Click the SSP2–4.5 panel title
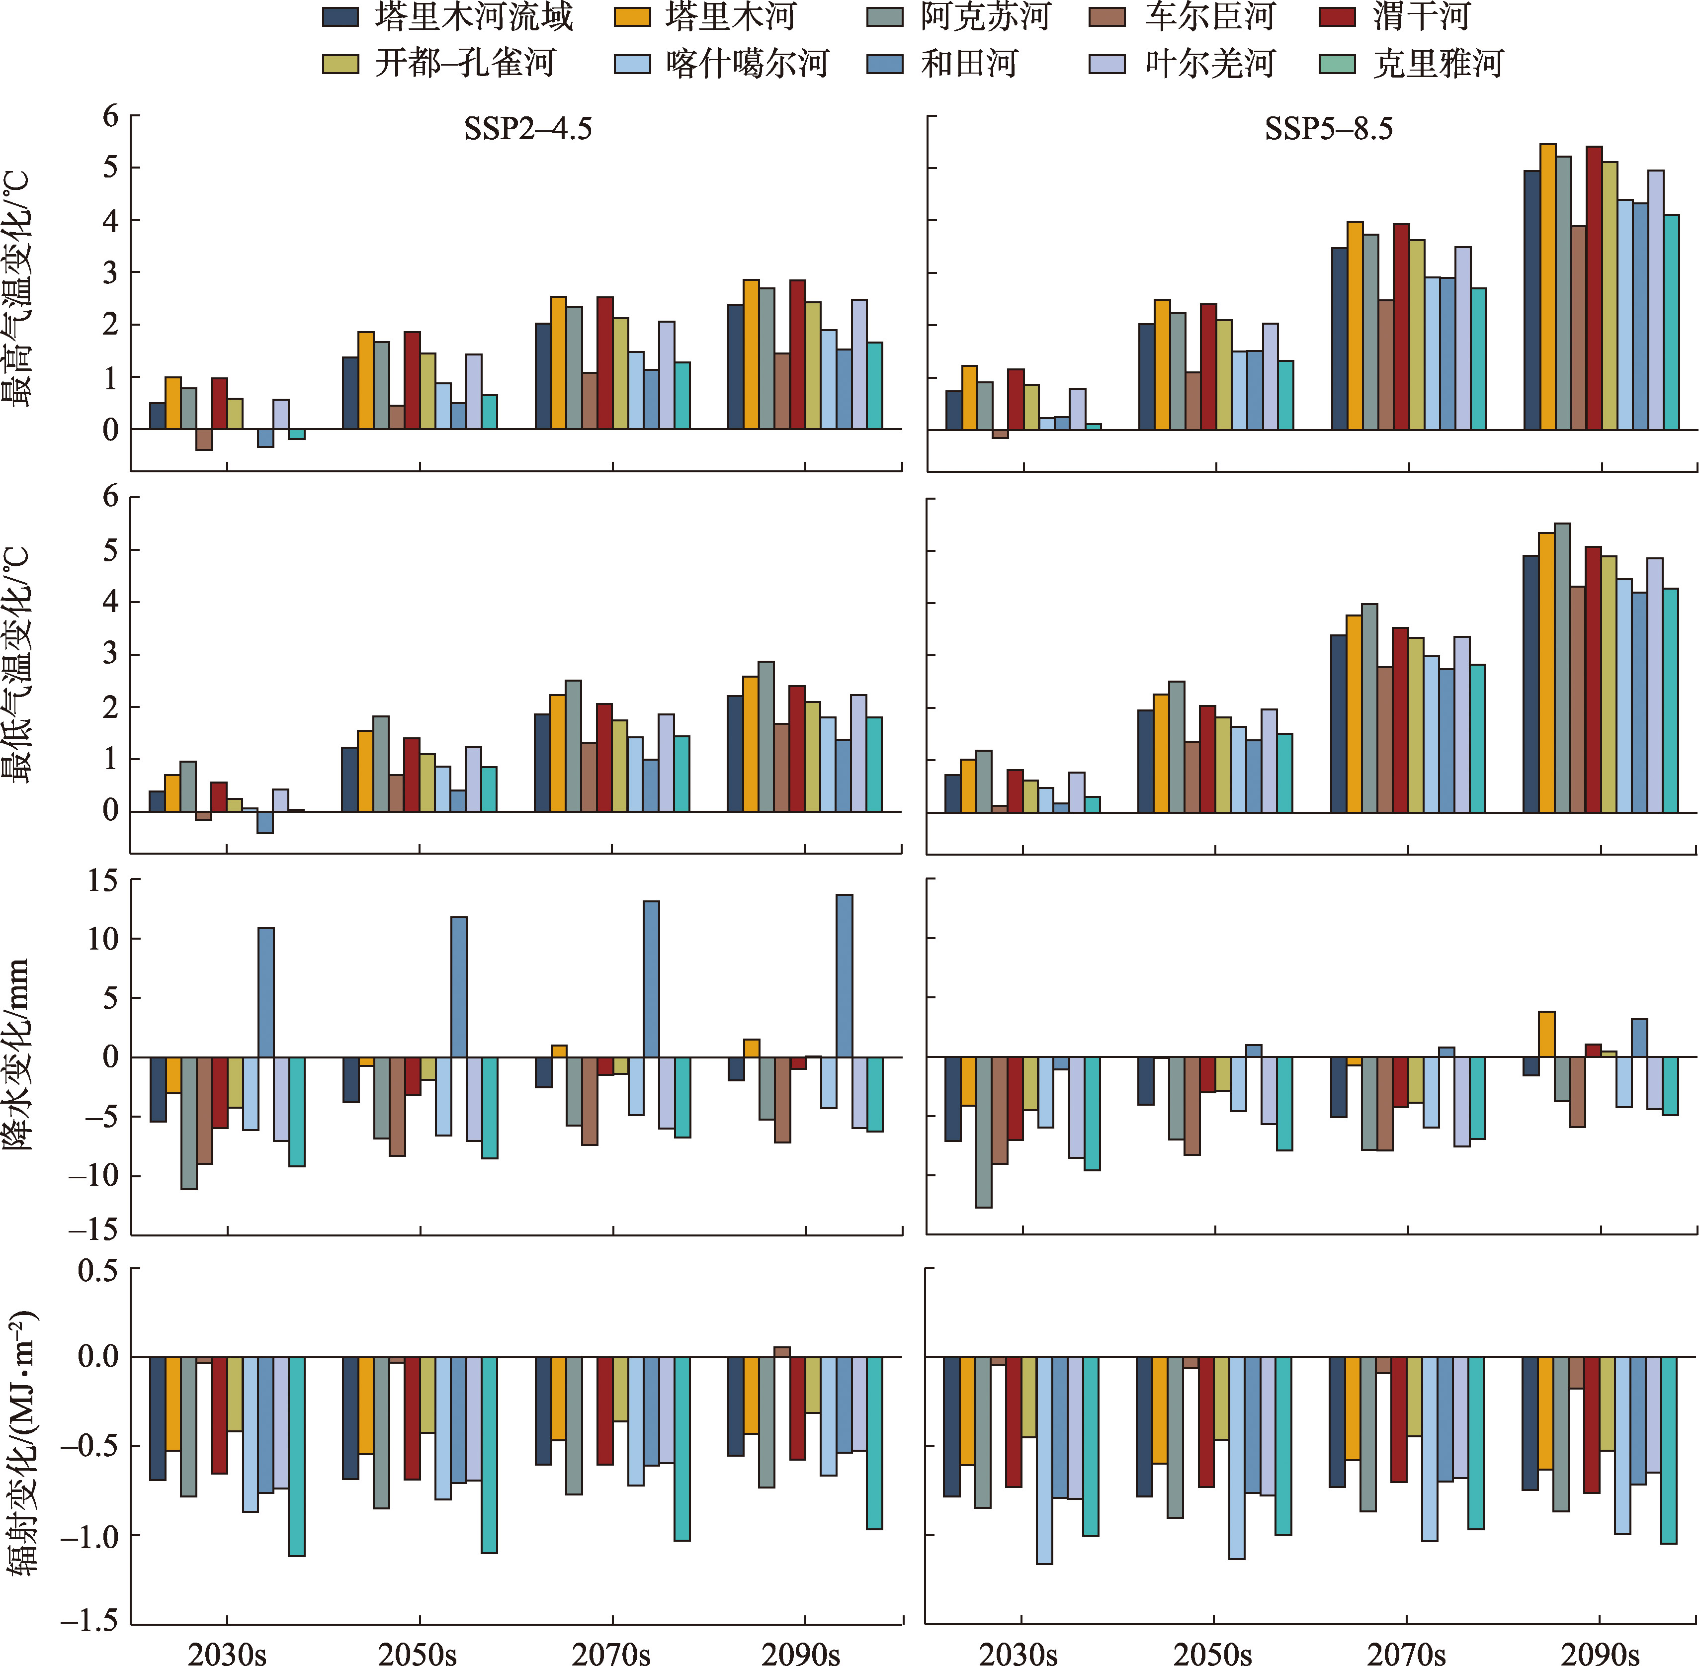pos(527,129)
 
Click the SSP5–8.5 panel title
pos(1328,129)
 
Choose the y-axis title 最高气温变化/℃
pos(17,289)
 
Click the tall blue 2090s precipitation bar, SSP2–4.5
pos(844,975)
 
